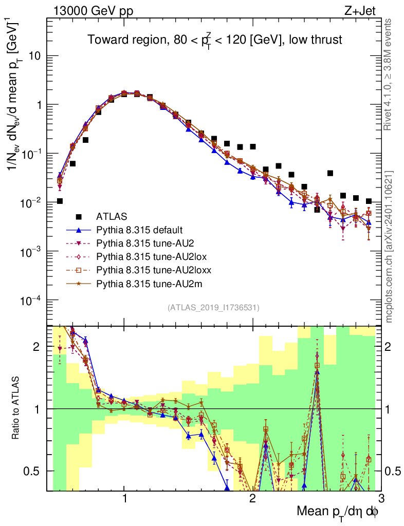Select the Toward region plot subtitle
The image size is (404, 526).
pyautogui.click(x=214, y=40)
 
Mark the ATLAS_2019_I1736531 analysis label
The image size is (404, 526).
pyautogui.click(x=213, y=308)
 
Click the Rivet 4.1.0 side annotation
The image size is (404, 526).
pyautogui.click(x=389, y=74)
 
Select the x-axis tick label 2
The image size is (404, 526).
pyautogui.click(x=252, y=499)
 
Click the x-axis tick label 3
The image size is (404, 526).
pyautogui.click(x=380, y=499)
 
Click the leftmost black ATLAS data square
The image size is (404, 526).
pyautogui.click(x=60, y=201)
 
